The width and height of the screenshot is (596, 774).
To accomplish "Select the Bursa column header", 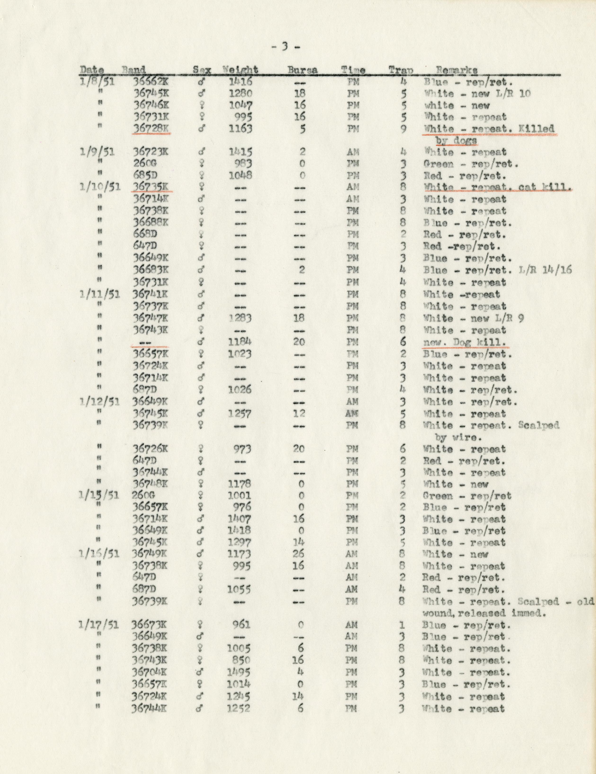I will (302, 70).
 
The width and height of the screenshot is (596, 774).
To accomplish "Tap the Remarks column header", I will (457, 70).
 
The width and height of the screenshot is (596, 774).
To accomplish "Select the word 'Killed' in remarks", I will (537, 129).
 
